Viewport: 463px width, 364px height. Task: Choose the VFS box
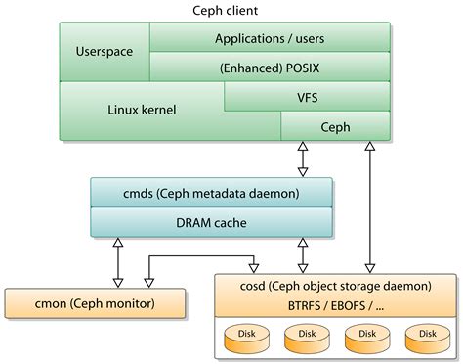coord(307,97)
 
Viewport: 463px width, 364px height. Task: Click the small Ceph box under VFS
coord(335,126)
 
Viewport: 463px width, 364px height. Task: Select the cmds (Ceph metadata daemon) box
coord(211,194)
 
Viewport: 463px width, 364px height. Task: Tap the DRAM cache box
coord(211,222)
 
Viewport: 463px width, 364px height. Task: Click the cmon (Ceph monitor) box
coord(95,304)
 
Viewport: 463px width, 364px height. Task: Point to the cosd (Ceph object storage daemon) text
coord(321,286)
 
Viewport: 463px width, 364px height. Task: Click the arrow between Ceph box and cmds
coord(302,159)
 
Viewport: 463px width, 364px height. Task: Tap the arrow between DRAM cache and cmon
coord(117,261)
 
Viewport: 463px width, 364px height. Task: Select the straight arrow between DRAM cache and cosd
coord(302,255)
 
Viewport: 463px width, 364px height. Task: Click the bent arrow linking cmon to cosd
coord(200,257)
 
